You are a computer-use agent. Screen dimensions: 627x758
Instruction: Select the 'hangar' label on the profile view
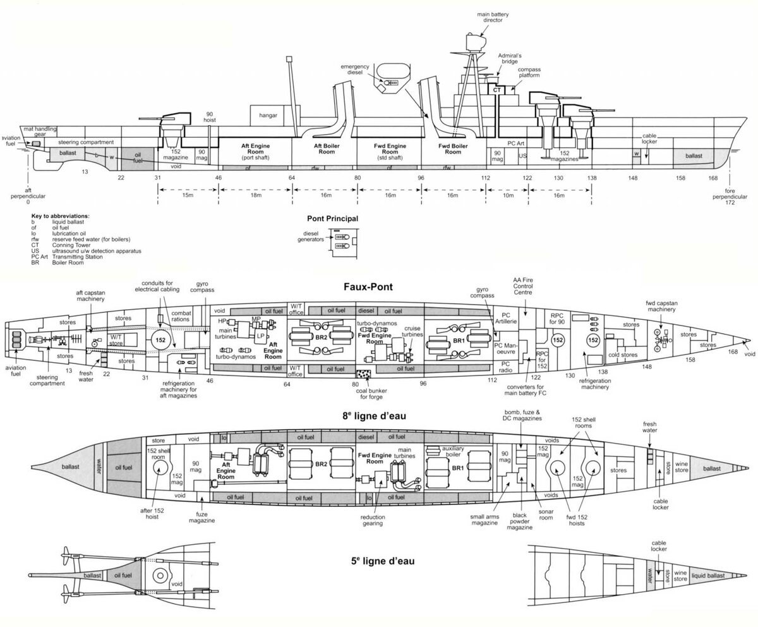[267, 115]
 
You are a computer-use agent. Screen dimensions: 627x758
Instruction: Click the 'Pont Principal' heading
[333, 219]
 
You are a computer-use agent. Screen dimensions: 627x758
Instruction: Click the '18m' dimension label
[256, 196]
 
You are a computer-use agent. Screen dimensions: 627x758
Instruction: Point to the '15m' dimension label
[188, 196]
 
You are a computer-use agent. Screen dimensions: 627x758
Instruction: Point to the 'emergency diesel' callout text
[354, 70]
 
